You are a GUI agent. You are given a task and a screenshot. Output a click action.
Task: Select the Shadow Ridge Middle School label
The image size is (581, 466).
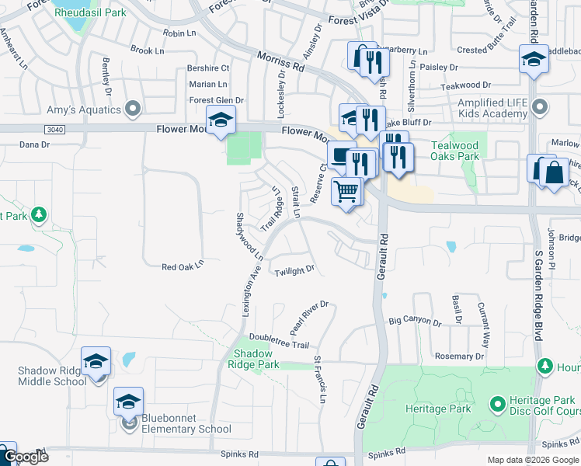point(52,376)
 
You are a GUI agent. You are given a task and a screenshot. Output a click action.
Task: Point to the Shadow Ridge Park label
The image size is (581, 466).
point(256,359)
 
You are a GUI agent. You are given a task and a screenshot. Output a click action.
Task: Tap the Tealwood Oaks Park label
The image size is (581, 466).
point(454,151)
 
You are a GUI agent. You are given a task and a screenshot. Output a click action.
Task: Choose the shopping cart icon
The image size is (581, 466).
point(346,190)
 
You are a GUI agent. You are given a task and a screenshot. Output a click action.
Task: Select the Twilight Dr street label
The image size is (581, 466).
point(294,270)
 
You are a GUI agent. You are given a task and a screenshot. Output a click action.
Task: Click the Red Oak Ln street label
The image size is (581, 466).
point(183,266)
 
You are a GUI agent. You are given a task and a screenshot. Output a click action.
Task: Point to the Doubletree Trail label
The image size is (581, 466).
point(280,345)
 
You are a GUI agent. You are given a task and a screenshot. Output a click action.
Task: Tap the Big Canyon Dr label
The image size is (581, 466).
point(415,320)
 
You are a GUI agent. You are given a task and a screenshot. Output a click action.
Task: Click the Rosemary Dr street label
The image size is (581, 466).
point(459,356)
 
